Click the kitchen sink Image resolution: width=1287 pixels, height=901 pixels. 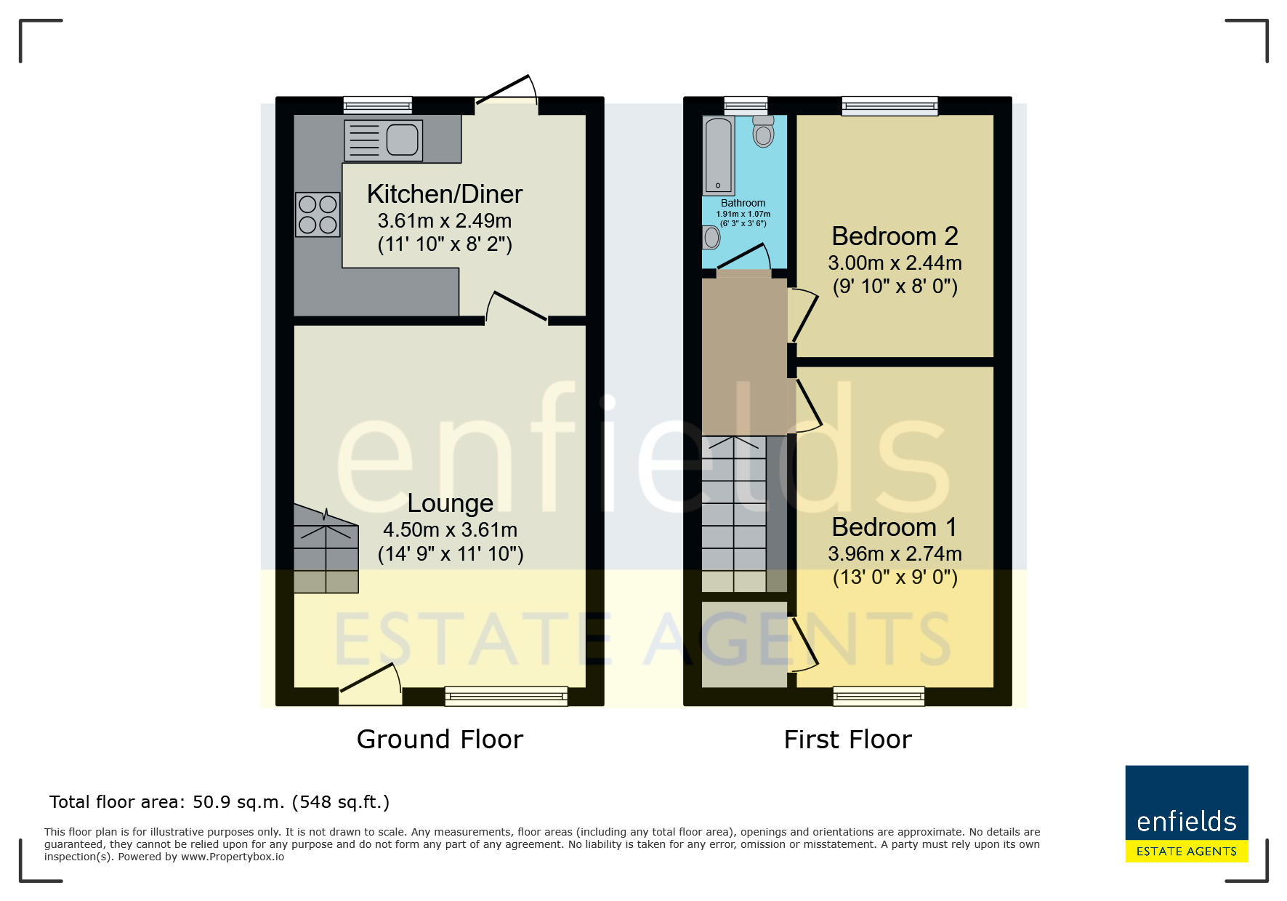coord(383,140)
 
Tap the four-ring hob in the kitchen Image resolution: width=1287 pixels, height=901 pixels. coord(318,215)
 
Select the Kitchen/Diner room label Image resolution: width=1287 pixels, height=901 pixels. coord(445,194)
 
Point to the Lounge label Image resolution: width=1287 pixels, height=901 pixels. coord(451,503)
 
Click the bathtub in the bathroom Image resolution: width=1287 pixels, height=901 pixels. coord(719,156)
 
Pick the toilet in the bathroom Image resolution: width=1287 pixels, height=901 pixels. coord(763,132)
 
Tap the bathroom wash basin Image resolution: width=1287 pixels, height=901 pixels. coord(711,237)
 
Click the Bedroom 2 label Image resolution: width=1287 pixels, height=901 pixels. coord(895,236)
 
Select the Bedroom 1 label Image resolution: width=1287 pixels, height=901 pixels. coord(895,527)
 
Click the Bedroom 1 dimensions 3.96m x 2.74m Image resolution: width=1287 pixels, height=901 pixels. coord(895,554)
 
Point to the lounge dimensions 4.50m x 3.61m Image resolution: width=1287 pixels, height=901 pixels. coord(451,530)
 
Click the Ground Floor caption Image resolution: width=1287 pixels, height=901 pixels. coord(440,740)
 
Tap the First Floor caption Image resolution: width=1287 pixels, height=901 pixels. coord(847,740)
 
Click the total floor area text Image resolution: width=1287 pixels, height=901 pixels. coord(219,802)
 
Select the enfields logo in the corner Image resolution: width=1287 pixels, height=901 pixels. coord(1187,814)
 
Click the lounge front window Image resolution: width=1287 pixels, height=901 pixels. coord(507,697)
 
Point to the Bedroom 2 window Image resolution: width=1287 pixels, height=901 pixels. coord(889,106)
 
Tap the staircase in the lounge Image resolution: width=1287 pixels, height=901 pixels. coord(326,549)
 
